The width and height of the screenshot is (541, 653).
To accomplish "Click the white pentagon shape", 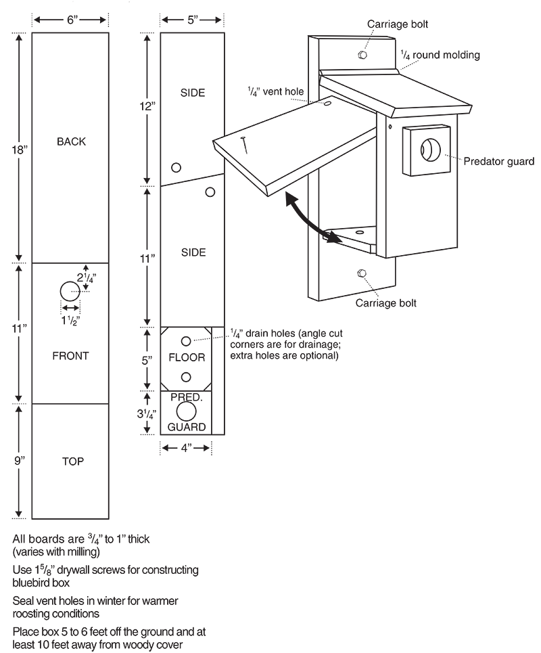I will (228, 143).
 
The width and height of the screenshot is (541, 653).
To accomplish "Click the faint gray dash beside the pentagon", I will (242, 138).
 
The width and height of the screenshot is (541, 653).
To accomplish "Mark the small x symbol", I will (390, 127).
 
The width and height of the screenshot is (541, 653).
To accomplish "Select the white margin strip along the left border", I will (5, 325).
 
